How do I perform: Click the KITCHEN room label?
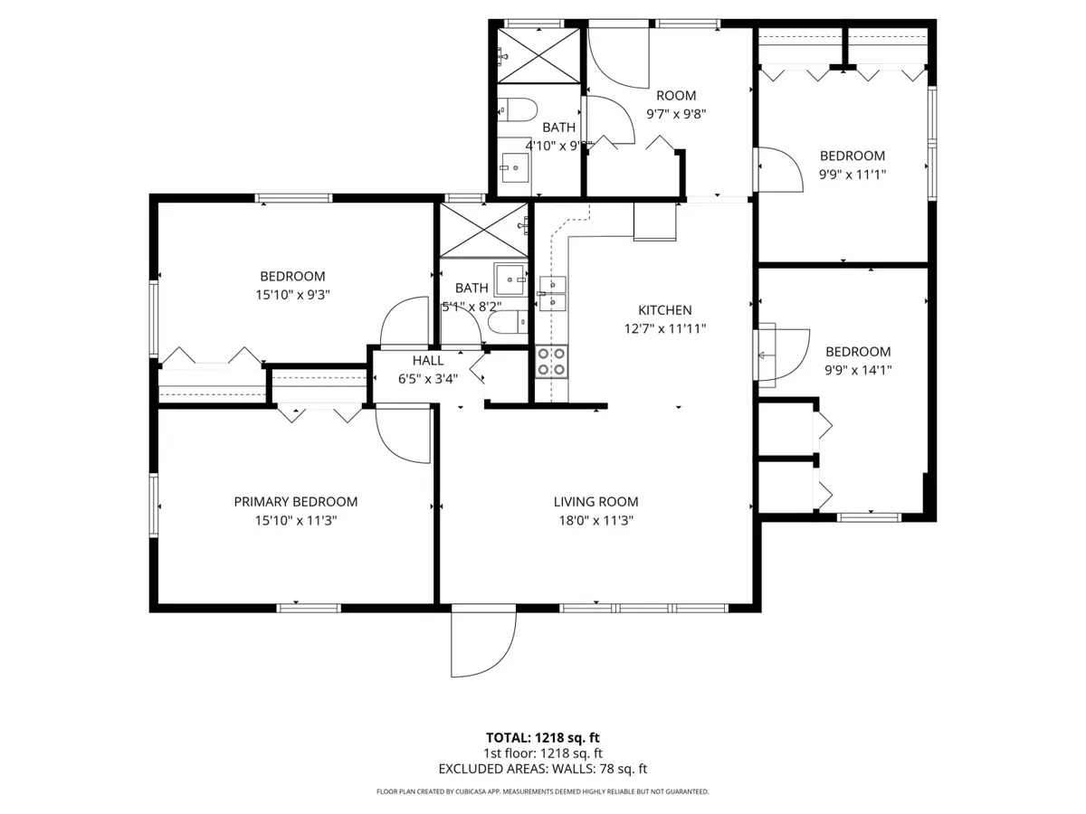664,310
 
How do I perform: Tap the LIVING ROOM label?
595,502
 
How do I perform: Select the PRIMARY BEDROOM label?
295,502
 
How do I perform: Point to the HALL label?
427,361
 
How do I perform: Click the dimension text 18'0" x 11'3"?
595,521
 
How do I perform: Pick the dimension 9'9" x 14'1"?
857,370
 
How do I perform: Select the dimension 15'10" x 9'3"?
292,294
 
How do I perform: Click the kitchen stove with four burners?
551,362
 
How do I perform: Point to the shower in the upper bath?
538,56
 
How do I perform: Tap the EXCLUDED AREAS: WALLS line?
542,770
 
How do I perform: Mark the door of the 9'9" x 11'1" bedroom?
779,168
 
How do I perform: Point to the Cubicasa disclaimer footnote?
542,791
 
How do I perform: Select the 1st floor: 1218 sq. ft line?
542,753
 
